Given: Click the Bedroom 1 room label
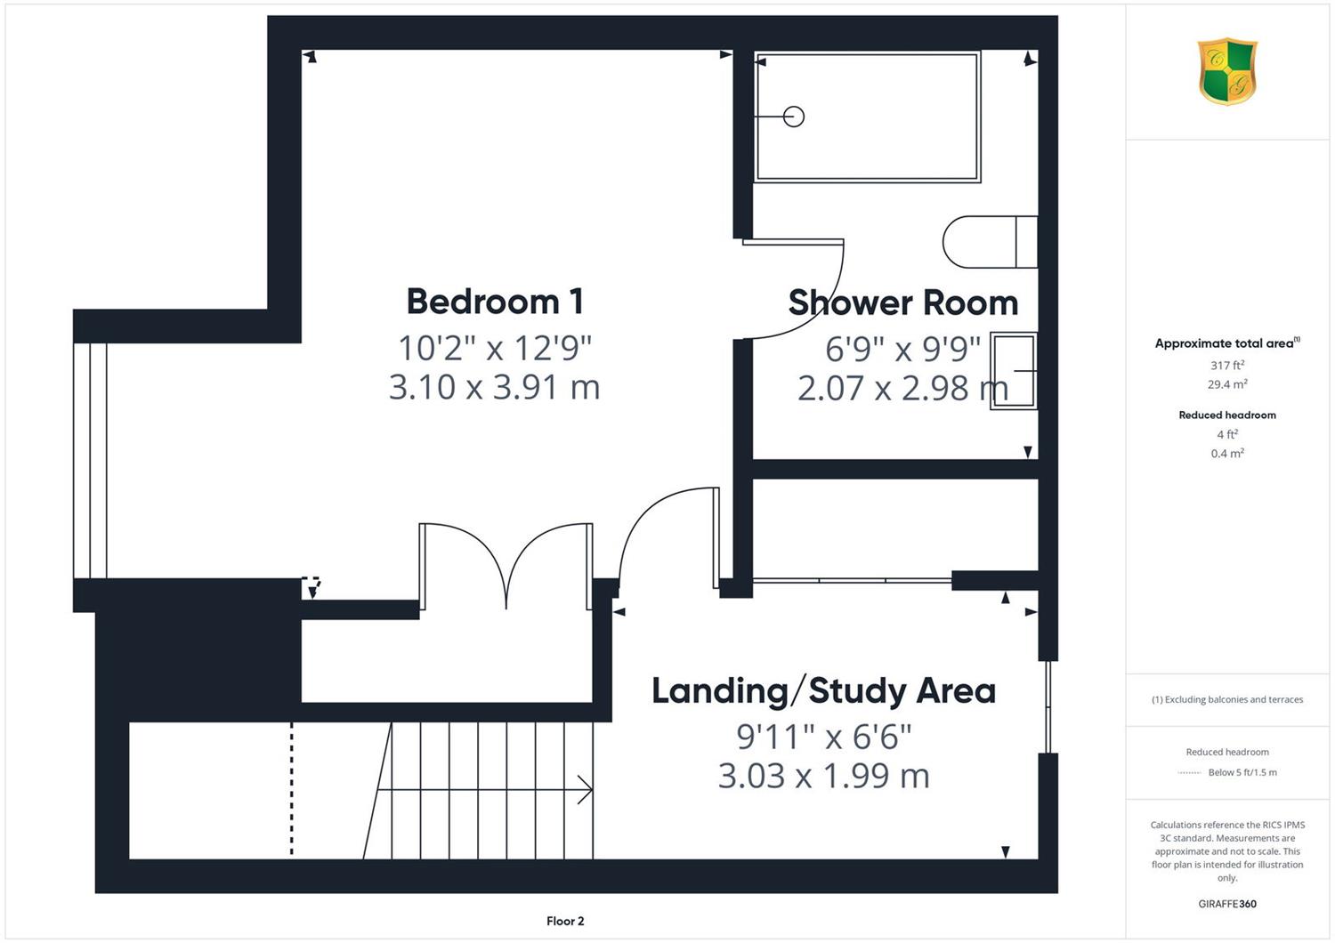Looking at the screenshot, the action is coord(495,302).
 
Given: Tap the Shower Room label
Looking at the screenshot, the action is coord(903,302).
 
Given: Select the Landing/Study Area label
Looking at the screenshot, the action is coord(823,691).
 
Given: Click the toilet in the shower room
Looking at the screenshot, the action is coord(990,242).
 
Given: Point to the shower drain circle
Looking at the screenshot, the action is coord(794,117).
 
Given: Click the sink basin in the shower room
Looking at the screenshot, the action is coord(1014,371).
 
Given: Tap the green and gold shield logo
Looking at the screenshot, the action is coord(1227,71).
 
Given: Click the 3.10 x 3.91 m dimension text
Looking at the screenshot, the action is coord(494,387).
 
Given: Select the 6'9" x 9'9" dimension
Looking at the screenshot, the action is coord(903,349).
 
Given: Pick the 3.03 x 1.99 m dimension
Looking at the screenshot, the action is coord(823,777).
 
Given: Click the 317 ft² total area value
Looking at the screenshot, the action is coord(1227,365).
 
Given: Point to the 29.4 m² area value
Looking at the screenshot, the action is coord(1227,384).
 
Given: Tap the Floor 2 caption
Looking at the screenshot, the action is coord(565,921).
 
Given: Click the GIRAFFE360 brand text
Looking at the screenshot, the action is coord(1227,904).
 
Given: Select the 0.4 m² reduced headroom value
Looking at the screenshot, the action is coord(1227,454).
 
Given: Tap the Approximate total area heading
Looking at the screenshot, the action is coord(1227,343).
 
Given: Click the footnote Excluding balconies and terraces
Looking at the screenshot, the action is coord(1227,699).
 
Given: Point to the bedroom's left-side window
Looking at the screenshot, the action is coord(90,461).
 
